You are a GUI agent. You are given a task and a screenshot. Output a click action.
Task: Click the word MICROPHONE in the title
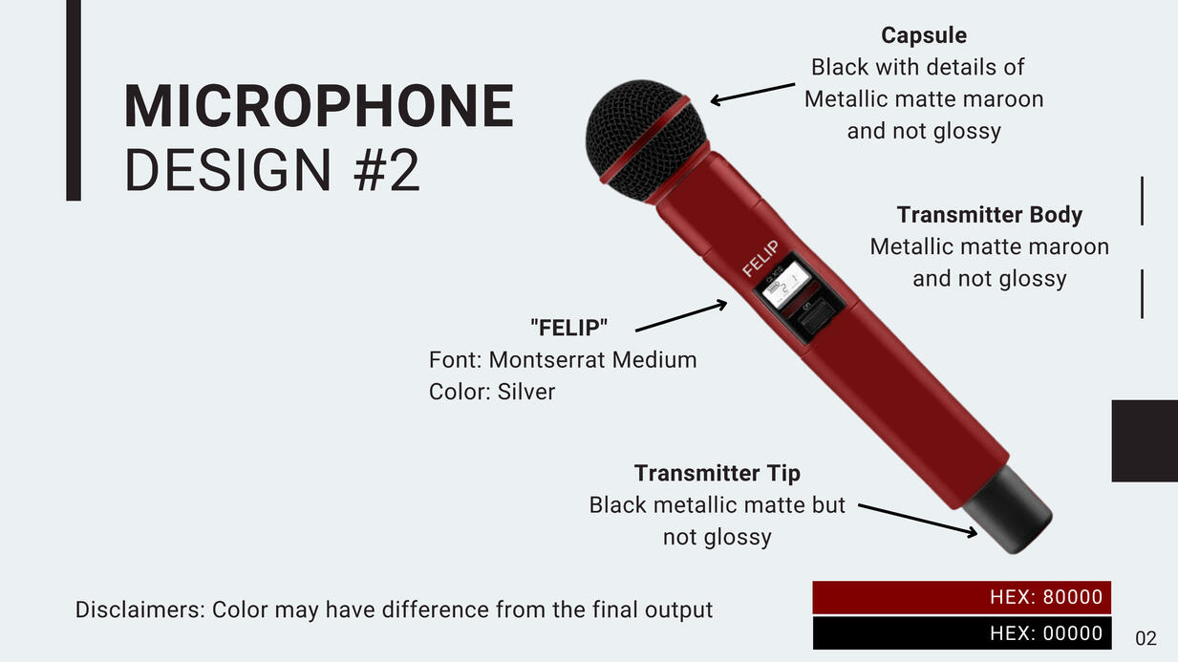pyautogui.click(x=319, y=106)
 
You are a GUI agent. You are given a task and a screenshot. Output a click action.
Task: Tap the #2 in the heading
pyautogui.click(x=387, y=170)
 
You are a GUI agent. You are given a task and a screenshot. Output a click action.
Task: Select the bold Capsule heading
pyautogui.click(x=924, y=35)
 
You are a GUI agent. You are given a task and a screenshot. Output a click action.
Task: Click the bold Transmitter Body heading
pyautogui.click(x=989, y=215)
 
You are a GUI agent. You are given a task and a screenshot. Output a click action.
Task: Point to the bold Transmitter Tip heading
pyautogui.click(x=717, y=473)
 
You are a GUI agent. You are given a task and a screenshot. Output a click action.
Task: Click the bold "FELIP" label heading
pyautogui.click(x=569, y=328)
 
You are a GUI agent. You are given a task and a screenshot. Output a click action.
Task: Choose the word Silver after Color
pyautogui.click(x=525, y=392)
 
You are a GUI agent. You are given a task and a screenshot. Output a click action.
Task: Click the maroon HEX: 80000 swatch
pyautogui.click(x=961, y=597)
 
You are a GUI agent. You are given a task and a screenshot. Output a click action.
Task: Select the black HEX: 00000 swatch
pyautogui.click(x=961, y=633)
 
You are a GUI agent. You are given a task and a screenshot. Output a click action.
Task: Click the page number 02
pyautogui.click(x=1146, y=638)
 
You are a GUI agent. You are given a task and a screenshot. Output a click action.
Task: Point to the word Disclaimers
pyautogui.click(x=139, y=610)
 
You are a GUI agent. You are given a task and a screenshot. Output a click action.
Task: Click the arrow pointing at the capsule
pyautogui.click(x=752, y=93)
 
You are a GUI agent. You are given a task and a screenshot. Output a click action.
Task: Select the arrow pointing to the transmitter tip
pyautogui.click(x=918, y=521)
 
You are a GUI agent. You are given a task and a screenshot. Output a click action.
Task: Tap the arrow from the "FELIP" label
pyautogui.click(x=681, y=315)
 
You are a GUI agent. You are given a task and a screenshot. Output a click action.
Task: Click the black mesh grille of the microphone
pyautogui.click(x=644, y=140)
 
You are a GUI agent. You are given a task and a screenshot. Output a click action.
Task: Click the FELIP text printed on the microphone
pyautogui.click(x=760, y=258)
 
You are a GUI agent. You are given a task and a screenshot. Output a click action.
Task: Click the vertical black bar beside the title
pyautogui.click(x=74, y=100)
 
